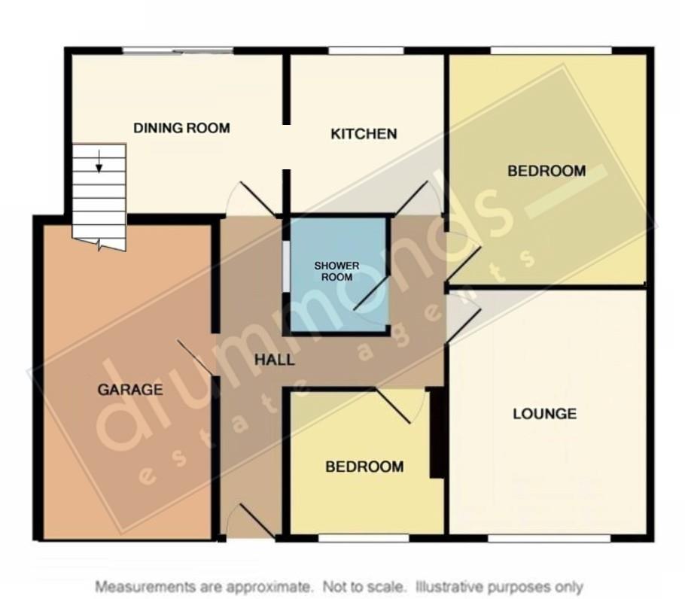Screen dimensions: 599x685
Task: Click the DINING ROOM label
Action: click(181, 128)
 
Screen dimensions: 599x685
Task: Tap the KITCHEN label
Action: click(364, 135)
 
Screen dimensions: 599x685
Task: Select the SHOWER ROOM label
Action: click(336, 271)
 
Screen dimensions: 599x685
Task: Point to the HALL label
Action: click(274, 360)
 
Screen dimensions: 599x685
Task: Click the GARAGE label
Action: click(129, 390)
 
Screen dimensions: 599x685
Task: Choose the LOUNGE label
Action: click(544, 414)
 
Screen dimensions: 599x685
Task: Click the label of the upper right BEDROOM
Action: click(546, 172)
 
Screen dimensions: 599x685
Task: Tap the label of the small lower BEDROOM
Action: click(364, 467)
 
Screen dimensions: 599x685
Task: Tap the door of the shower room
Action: click(371, 295)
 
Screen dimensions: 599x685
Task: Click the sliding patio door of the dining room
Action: click(178, 51)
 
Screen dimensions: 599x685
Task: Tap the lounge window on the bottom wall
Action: click(548, 538)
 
